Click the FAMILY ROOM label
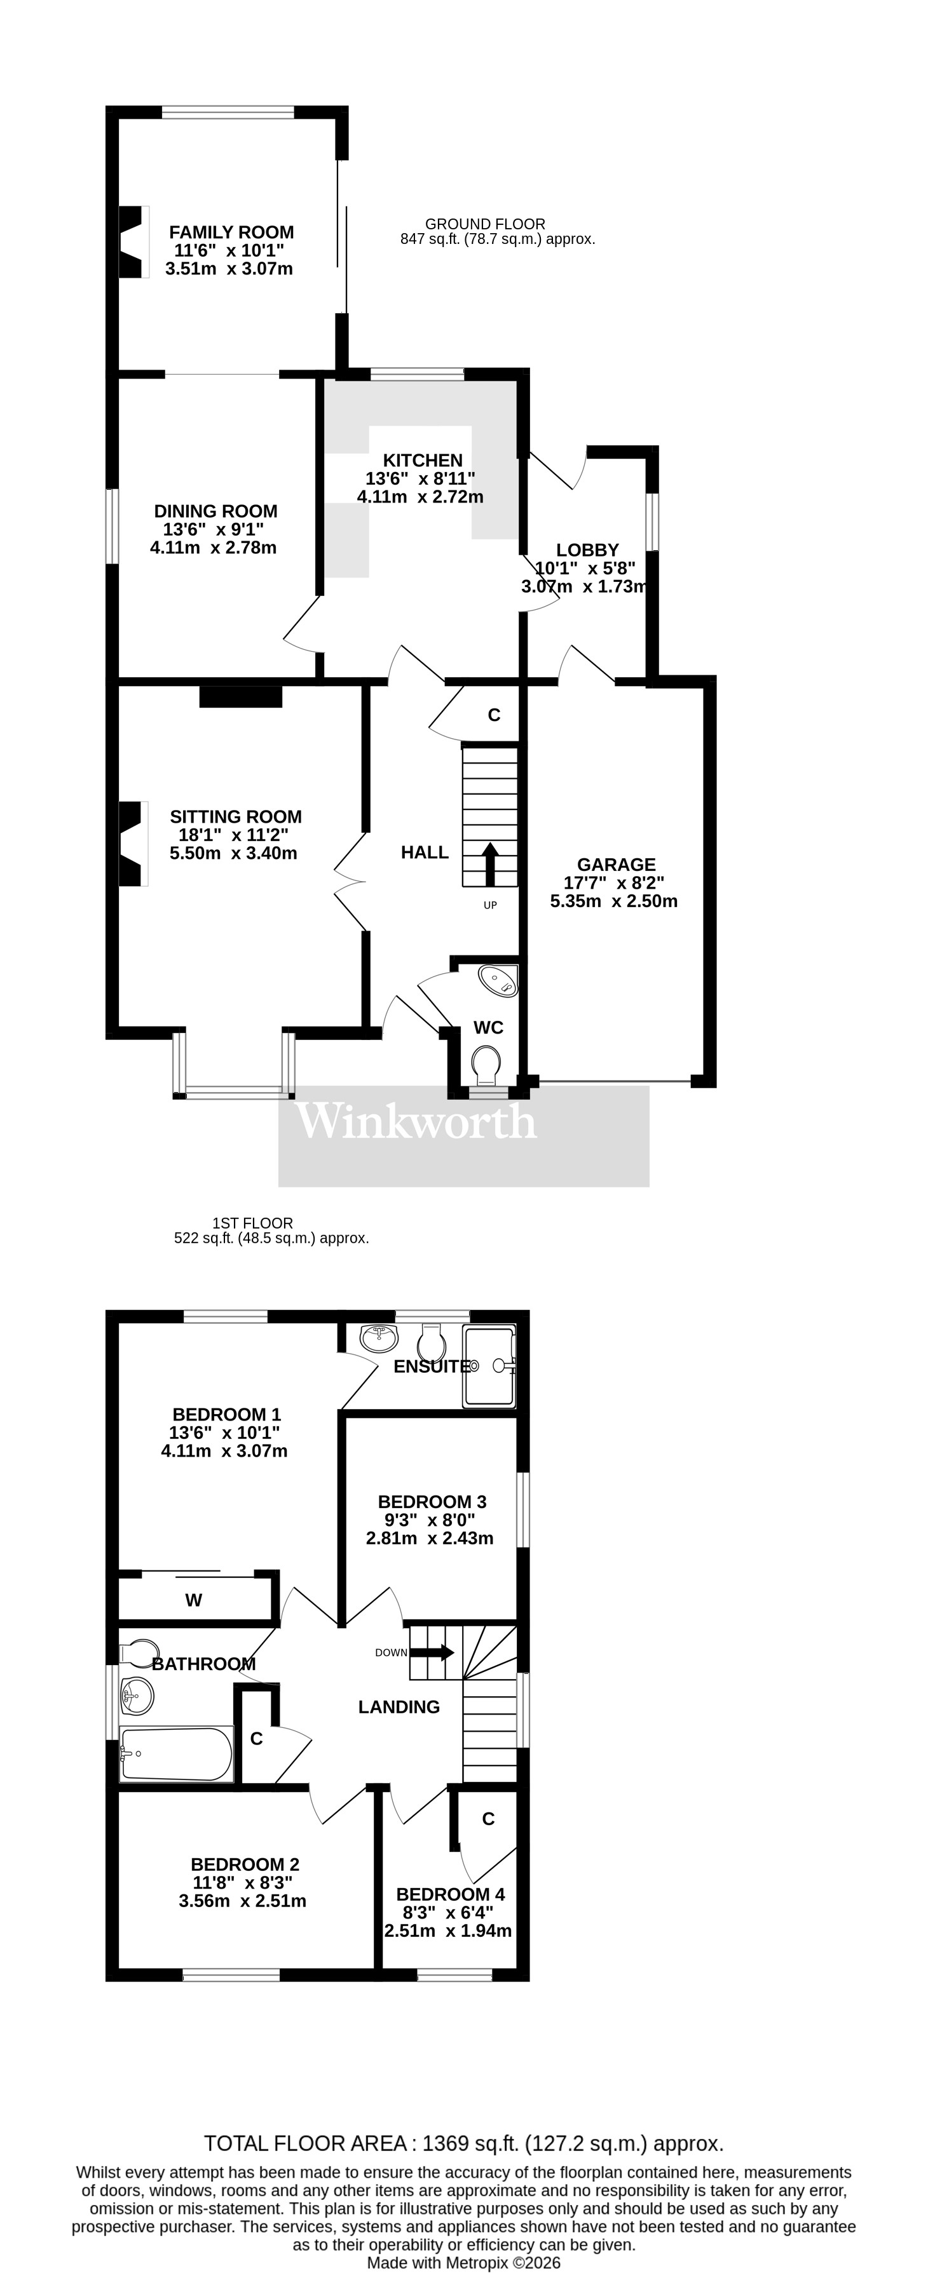click(231, 232)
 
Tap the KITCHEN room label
click(422, 460)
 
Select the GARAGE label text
click(617, 865)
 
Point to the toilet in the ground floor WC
click(486, 1064)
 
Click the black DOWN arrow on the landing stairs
click(433, 1653)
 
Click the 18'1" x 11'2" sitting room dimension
click(229, 835)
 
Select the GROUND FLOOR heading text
click(485, 224)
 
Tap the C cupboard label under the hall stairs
click(495, 715)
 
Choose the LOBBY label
click(587, 550)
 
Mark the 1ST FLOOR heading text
click(252, 1223)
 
